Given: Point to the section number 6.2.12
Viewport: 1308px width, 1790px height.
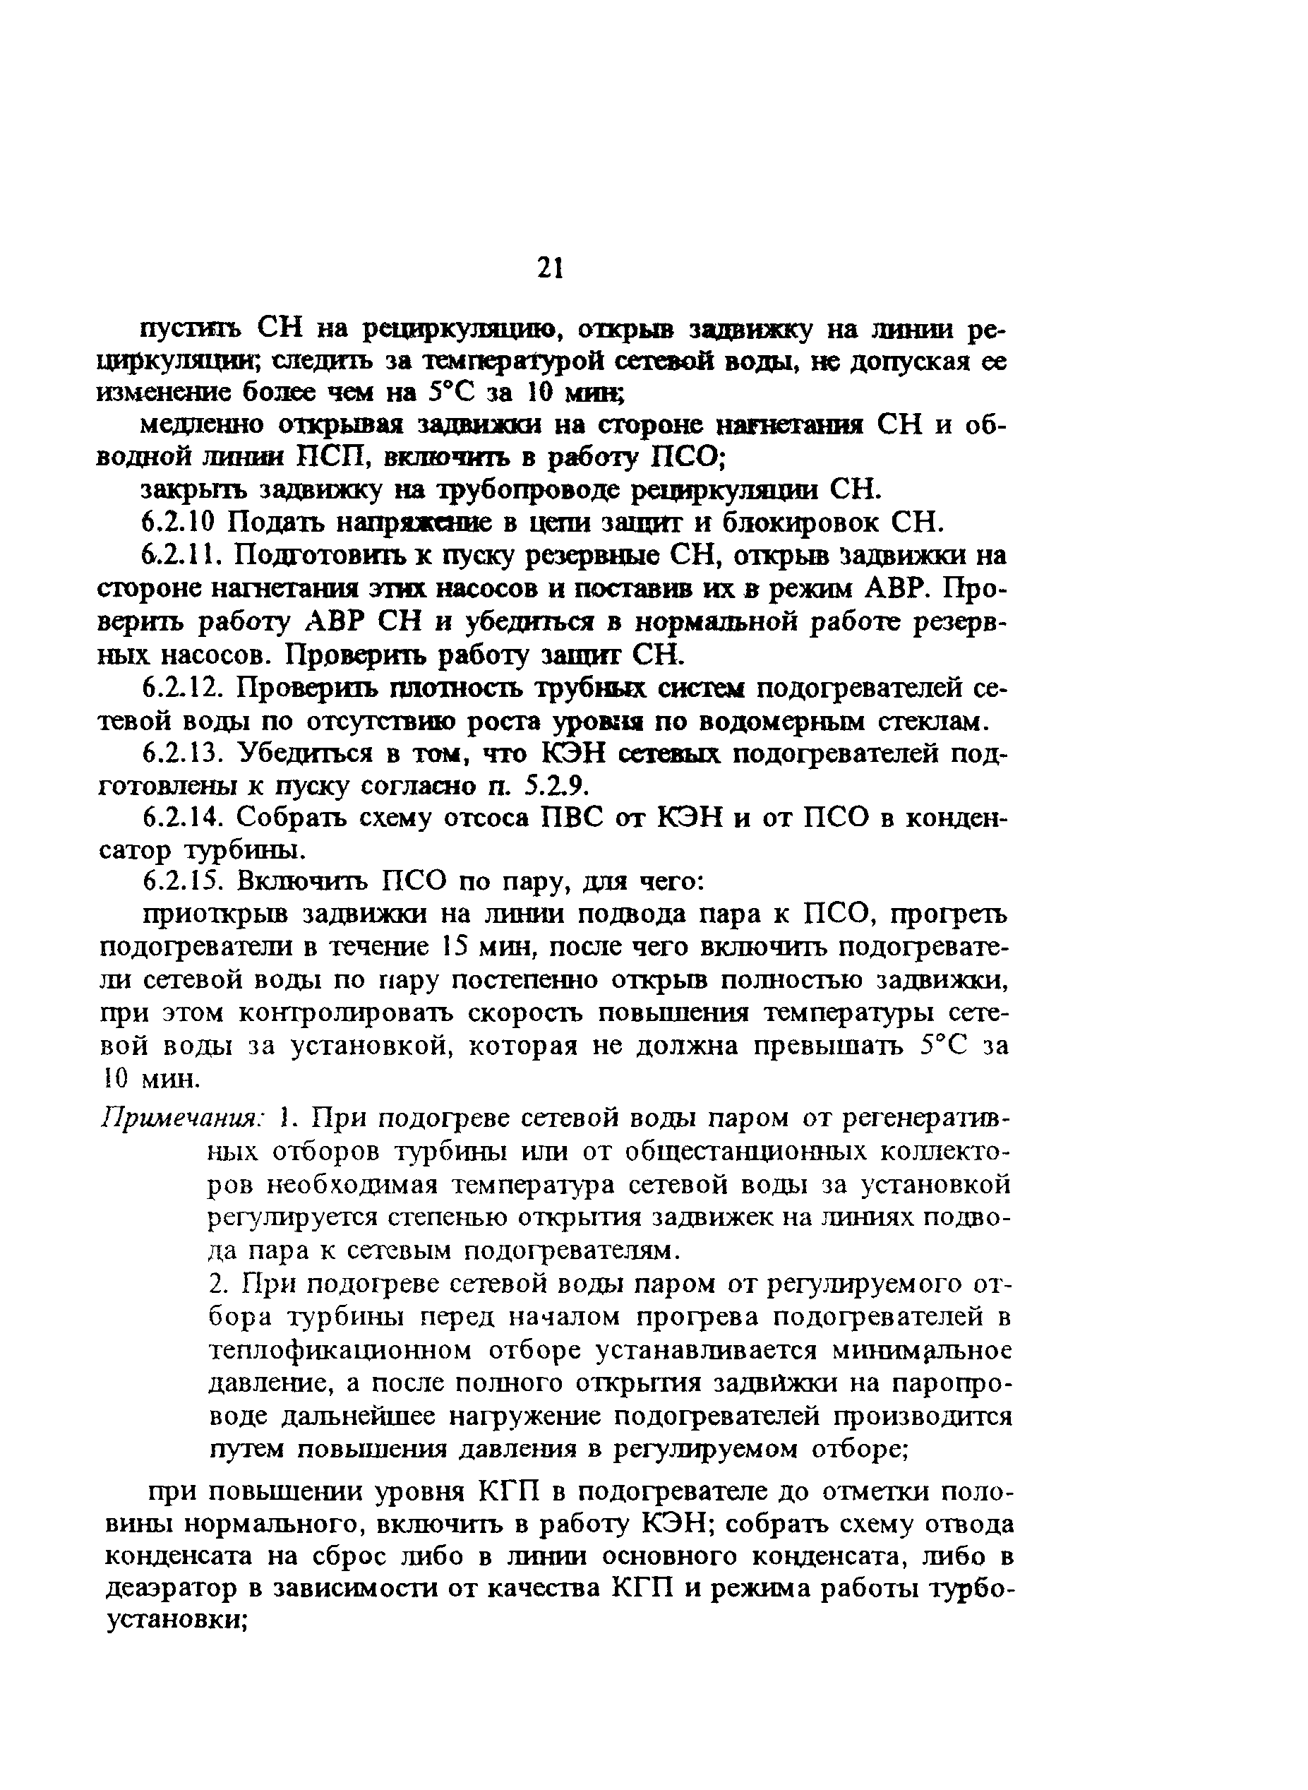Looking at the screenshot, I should (x=183, y=688).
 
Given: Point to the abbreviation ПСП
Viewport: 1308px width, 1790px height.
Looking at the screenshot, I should (x=325, y=458).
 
